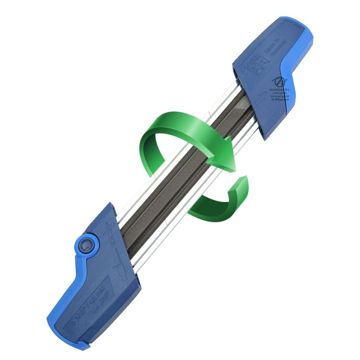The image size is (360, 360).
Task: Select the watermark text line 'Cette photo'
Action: (280, 91)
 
